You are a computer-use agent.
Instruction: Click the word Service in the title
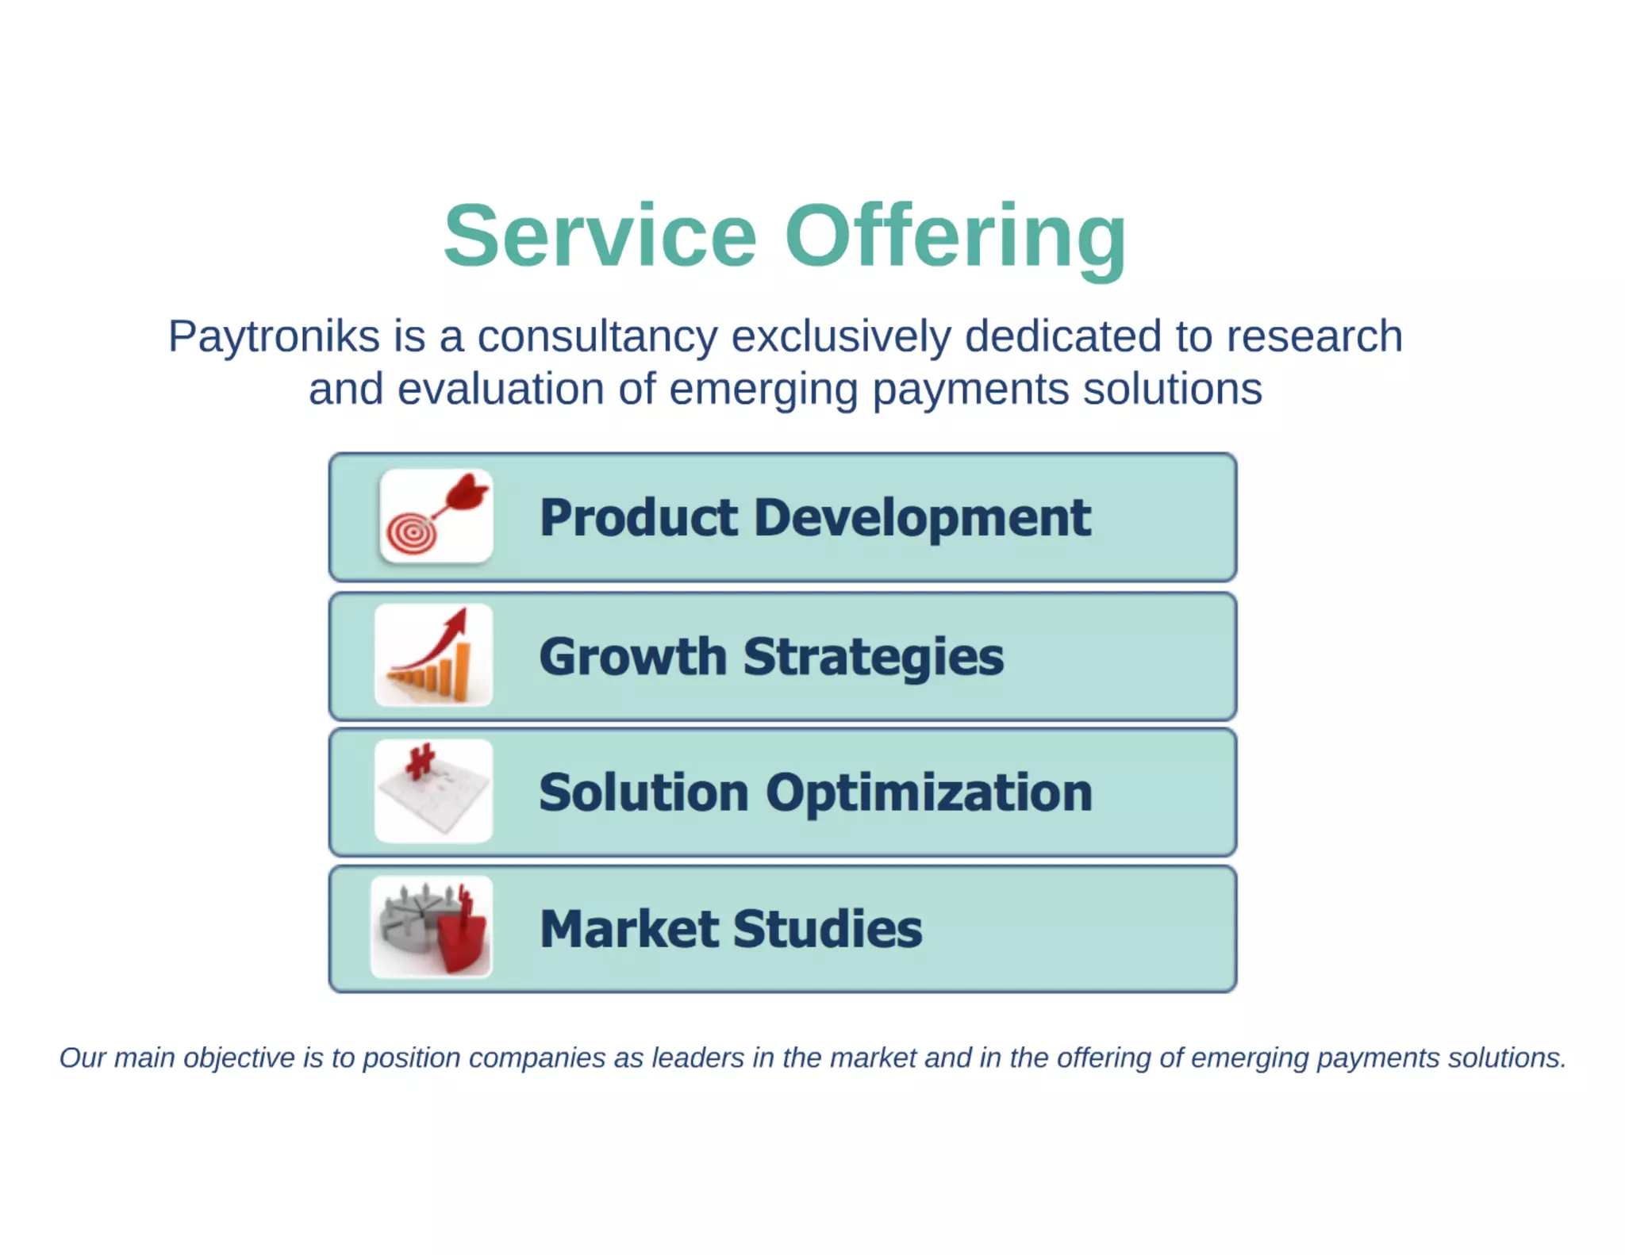click(600, 236)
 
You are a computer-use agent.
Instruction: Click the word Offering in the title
click(955, 236)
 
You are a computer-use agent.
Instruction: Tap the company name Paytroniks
click(274, 336)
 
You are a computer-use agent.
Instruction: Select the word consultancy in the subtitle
click(597, 336)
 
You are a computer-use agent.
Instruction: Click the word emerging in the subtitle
click(763, 390)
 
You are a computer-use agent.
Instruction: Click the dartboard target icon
click(436, 516)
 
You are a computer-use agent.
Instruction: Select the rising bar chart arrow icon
click(434, 655)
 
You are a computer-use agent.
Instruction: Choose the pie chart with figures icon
click(432, 927)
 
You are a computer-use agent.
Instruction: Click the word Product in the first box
click(639, 518)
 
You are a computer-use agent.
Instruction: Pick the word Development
click(922, 518)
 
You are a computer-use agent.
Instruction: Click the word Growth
click(632, 657)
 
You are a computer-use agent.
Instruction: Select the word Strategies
click(873, 657)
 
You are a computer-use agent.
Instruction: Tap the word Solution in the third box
click(643, 793)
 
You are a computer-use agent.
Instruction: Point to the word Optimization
click(929, 793)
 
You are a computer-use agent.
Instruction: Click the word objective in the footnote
click(239, 1058)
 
